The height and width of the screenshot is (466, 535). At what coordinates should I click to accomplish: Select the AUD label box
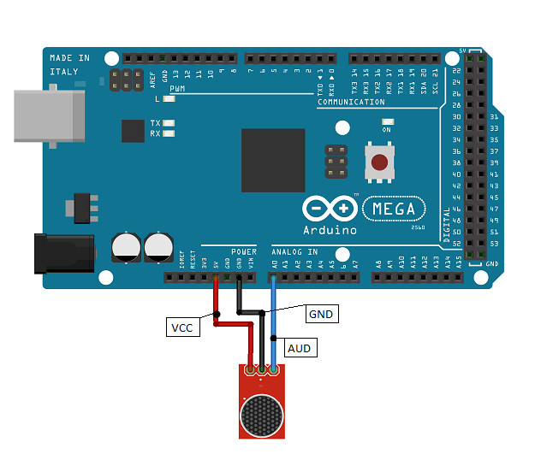point(299,348)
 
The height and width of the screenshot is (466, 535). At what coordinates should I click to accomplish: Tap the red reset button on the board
point(378,162)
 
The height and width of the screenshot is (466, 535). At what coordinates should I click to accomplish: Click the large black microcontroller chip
point(273,160)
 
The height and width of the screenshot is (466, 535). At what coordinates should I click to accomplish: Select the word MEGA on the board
point(394,208)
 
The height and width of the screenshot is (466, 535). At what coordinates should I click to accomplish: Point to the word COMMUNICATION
point(351,102)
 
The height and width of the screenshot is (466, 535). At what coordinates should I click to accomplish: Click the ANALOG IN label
point(294,251)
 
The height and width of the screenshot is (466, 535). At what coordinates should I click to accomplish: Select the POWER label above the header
point(243,251)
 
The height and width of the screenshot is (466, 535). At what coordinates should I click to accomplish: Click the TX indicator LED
point(169,123)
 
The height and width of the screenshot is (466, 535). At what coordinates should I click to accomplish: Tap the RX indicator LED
point(169,133)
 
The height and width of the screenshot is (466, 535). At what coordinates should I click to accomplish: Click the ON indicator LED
point(388,122)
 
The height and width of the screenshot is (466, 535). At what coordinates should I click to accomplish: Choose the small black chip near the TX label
point(133,131)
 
